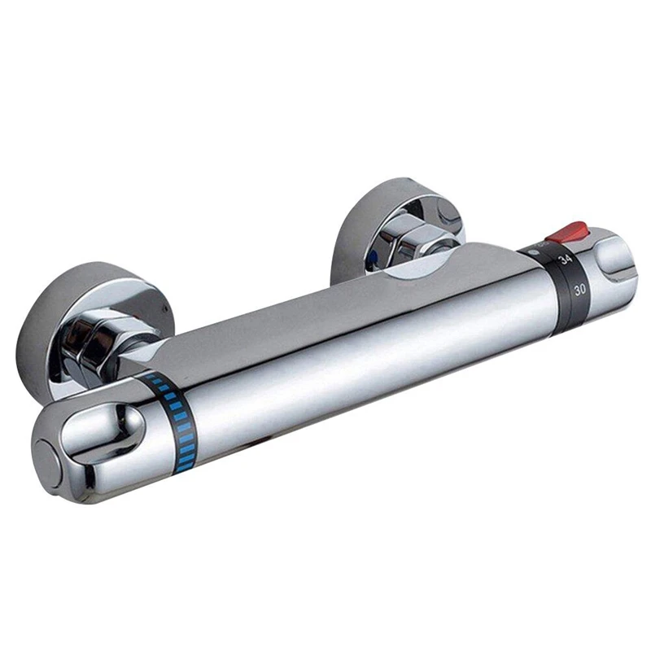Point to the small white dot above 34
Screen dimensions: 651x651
pyautogui.click(x=535, y=251)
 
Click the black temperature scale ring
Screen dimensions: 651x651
pyautogui.click(x=570, y=281)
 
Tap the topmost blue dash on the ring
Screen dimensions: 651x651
pyautogui.click(x=150, y=381)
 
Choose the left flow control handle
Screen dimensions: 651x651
pyautogui.click(x=90, y=443)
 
